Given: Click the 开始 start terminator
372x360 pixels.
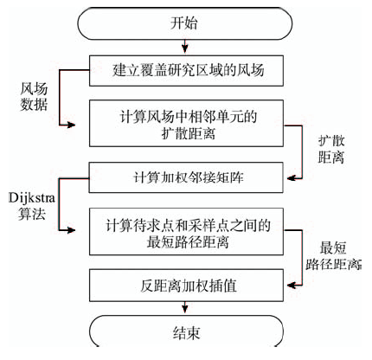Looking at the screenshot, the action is (185, 23).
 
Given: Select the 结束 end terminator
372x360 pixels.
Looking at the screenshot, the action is (186, 331).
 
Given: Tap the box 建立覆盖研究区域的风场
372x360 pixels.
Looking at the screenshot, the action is (186, 71).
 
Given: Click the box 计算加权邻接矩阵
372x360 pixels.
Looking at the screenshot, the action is (186, 177).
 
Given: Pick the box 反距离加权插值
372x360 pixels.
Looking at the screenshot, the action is (186, 286).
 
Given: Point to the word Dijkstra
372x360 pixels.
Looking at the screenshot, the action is (32, 198).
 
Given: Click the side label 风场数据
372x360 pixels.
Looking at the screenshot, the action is (34, 97).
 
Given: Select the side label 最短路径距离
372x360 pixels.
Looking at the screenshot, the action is (333, 256).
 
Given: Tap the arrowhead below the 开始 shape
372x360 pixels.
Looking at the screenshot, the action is (185, 49).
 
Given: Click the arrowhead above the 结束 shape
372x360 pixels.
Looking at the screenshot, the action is (185, 308).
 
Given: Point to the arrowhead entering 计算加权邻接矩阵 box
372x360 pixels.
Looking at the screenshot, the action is (291, 178).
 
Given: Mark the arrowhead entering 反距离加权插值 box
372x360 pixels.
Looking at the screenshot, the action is (291, 286).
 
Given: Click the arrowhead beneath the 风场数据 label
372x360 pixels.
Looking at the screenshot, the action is (71, 125).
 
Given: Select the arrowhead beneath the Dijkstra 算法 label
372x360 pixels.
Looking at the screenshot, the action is (71, 230).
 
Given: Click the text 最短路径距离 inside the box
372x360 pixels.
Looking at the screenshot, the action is (188, 241).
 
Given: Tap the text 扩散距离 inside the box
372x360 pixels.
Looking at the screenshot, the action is (189, 133).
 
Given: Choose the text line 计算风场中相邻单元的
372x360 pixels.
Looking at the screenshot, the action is (188, 117).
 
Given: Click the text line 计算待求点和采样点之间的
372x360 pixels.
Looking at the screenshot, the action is (188, 225).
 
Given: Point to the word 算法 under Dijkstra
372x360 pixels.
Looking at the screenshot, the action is (32, 214).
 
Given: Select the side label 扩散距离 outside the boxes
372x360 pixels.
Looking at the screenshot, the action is (331, 150).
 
